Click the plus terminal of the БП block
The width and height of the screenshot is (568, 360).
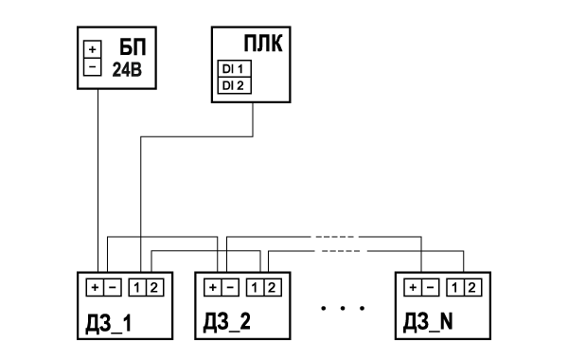click(x=93, y=49)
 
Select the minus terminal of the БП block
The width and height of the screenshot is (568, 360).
click(x=93, y=66)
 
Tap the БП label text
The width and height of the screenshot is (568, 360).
click(x=133, y=46)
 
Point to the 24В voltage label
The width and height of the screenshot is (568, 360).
click(x=127, y=69)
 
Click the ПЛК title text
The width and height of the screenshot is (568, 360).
click(x=263, y=44)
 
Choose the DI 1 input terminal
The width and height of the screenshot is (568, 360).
click(x=235, y=68)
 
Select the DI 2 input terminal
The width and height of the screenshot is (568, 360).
click(x=235, y=85)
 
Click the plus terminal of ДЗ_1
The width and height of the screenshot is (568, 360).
click(x=95, y=287)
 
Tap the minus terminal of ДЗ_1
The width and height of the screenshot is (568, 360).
click(x=113, y=287)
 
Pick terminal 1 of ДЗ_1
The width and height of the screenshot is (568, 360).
click(x=137, y=287)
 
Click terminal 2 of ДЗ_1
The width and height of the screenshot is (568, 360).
click(x=154, y=287)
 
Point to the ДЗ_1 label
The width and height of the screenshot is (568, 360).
click(x=109, y=323)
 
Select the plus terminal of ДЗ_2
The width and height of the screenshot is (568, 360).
click(x=213, y=287)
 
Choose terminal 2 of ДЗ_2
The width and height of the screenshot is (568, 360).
click(x=273, y=287)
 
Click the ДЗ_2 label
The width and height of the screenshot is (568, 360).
click(x=227, y=322)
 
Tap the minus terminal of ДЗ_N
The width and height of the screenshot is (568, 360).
click(x=430, y=287)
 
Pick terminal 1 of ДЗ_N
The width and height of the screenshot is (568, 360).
click(x=455, y=287)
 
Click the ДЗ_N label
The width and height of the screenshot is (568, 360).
click(x=428, y=322)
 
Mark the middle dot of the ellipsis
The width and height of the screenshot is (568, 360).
click(x=343, y=308)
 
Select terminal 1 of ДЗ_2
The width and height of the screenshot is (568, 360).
click(x=255, y=287)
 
